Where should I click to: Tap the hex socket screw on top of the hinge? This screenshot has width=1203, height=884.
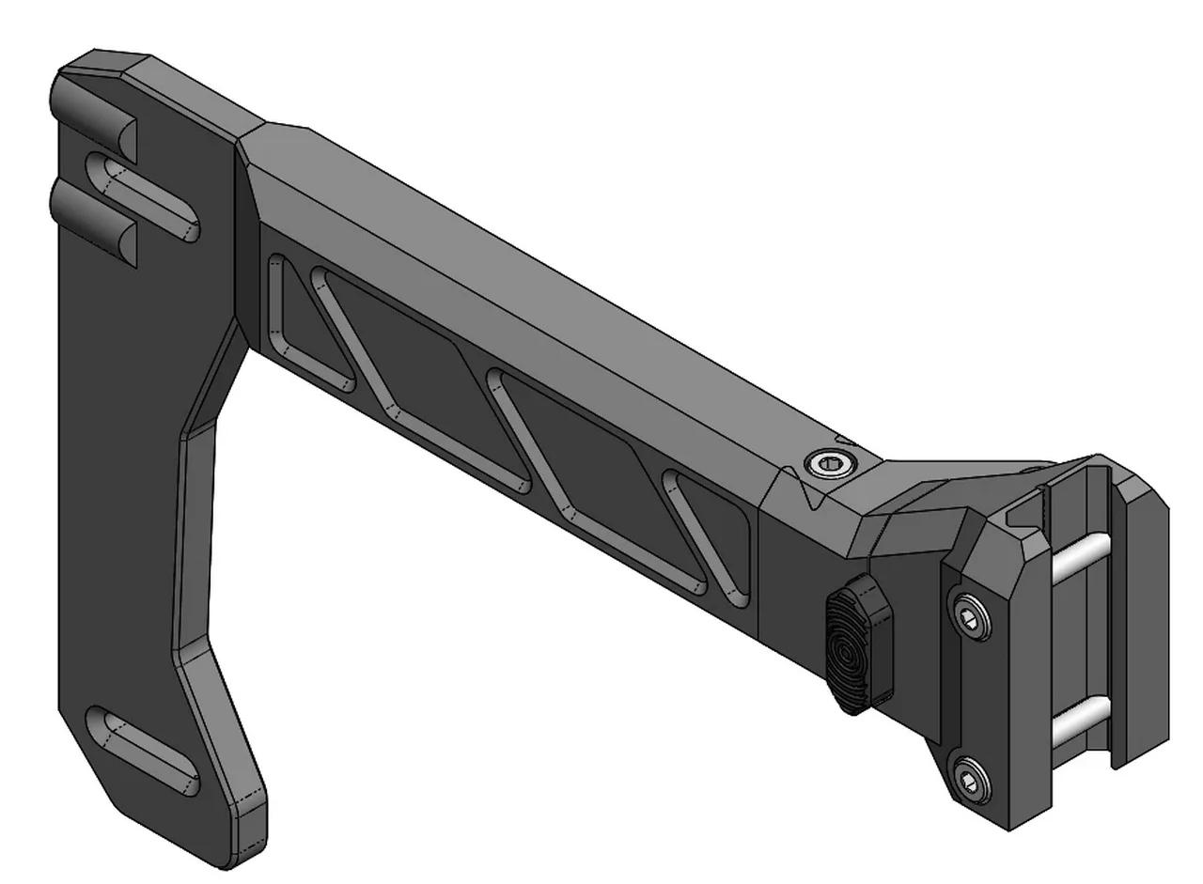(831, 460)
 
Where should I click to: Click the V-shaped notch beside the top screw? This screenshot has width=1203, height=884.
(806, 493)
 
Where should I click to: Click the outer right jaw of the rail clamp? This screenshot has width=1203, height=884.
(1142, 611)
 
